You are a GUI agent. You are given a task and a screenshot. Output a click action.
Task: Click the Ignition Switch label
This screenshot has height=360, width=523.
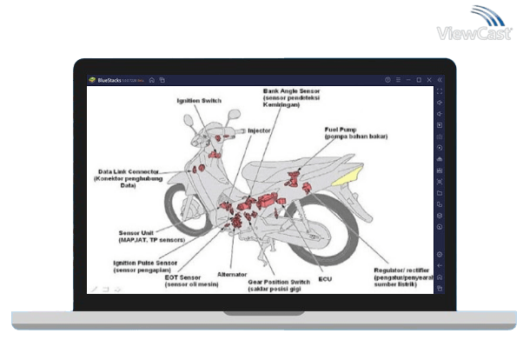click(x=199, y=101)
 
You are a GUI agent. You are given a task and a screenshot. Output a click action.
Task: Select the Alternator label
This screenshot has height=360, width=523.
click(x=231, y=274)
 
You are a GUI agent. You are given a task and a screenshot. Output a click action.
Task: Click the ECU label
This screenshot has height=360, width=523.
click(x=325, y=279)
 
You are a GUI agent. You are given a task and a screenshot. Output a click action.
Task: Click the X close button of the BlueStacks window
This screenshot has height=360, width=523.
click(x=426, y=80)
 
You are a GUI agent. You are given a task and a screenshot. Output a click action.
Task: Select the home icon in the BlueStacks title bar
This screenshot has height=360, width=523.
click(x=152, y=80)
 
